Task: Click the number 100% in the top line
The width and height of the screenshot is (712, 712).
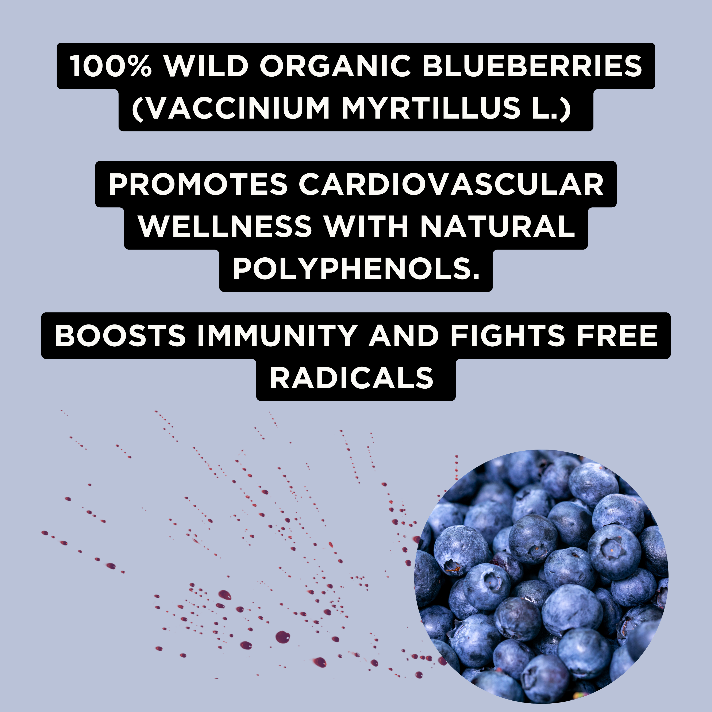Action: tap(111, 66)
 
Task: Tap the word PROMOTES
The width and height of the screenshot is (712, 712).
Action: tap(198, 184)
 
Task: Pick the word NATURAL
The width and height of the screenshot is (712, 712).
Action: tap(497, 226)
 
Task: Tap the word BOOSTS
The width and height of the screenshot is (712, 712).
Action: tap(120, 335)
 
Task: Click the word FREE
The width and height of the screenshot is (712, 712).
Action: tap(617, 335)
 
